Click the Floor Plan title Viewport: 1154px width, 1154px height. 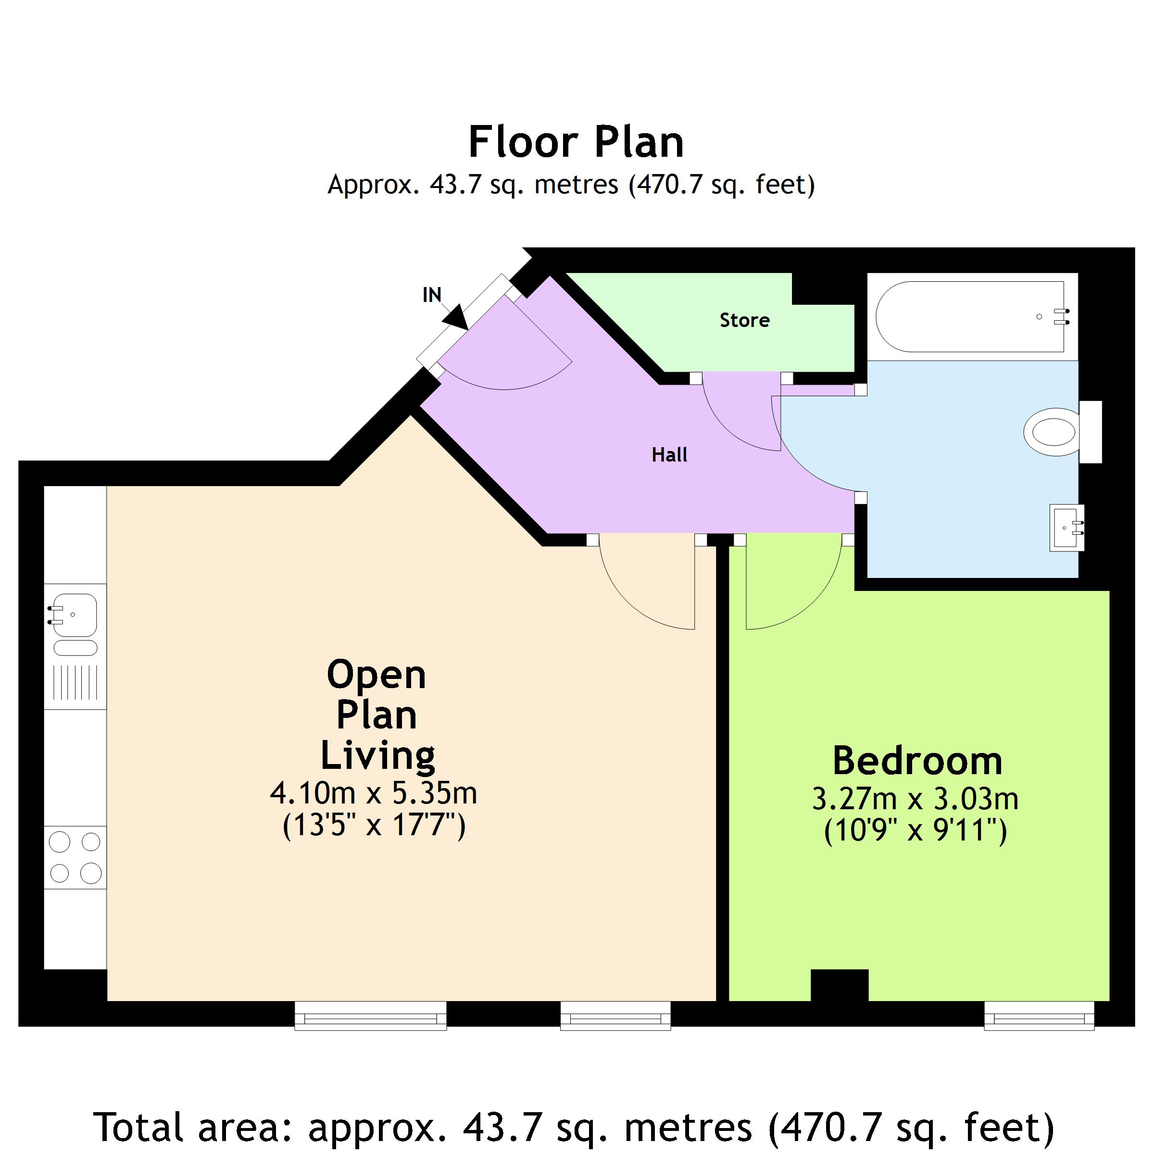point(576,142)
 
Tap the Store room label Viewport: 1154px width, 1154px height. point(744,320)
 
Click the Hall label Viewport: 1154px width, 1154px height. point(670,455)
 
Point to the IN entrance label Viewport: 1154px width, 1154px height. point(432,294)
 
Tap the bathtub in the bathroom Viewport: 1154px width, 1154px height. point(971,316)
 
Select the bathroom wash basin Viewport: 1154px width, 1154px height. point(1067,527)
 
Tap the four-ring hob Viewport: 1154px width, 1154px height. point(75,858)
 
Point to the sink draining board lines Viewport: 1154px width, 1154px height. point(75,683)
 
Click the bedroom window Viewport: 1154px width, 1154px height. point(1039,1016)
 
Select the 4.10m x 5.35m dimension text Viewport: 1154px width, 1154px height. point(373,793)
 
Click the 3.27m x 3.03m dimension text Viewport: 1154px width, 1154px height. point(915,799)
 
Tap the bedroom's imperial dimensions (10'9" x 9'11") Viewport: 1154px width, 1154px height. point(915,831)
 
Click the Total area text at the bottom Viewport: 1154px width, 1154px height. point(574,1127)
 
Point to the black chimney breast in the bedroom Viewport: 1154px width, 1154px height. point(839,985)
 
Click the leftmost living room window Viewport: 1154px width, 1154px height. point(370,1016)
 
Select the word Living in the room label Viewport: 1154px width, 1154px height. point(377,755)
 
